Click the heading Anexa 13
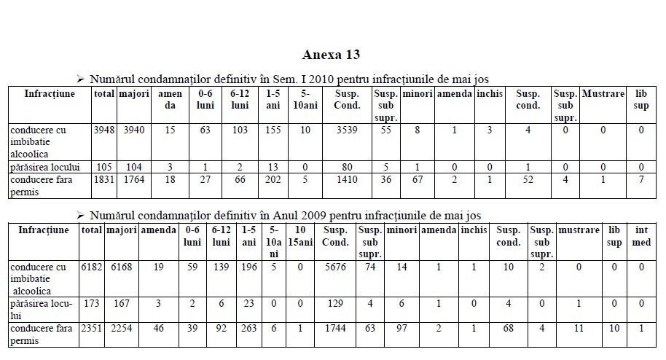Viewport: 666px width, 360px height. point(331,55)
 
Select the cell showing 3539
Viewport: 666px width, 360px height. point(347,130)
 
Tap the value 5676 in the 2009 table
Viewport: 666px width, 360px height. point(336,267)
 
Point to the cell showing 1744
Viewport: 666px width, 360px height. point(336,329)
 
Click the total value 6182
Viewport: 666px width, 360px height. point(91,267)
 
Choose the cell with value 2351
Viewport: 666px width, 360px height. point(91,329)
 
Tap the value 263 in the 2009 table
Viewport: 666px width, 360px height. point(249,329)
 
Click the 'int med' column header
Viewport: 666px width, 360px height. point(641,236)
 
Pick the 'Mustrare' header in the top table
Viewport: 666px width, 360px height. point(603,94)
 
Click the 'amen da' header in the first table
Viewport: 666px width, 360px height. point(170,100)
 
